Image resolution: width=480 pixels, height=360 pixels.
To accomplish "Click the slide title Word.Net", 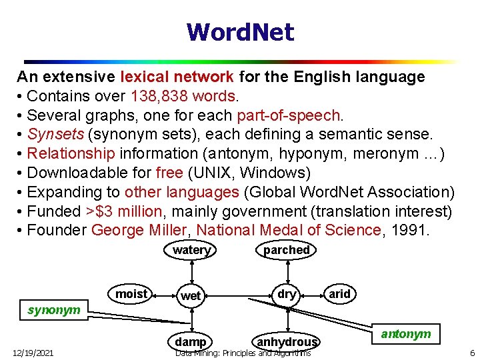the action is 240,32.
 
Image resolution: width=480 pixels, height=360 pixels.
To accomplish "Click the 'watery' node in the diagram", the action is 191,250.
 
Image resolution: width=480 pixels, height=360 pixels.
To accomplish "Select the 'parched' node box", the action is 286,250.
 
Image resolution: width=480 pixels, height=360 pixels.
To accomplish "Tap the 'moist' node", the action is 131,294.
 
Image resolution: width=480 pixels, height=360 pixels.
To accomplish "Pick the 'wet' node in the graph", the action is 191,295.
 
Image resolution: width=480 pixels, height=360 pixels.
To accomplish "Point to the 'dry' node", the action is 287,294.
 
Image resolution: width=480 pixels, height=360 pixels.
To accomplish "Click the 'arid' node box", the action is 339,294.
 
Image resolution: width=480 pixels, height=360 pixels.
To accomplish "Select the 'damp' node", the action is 191,342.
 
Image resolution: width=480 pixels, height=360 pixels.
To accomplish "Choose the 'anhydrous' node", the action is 287,342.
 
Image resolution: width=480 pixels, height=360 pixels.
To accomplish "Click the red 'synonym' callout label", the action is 54,310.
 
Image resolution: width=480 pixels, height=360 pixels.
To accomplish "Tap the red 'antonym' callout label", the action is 406,333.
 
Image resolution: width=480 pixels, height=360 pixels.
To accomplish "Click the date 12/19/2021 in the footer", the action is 33,353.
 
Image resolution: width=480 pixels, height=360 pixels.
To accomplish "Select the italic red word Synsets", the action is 56,135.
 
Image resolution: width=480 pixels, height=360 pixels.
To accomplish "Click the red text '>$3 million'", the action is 124,211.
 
